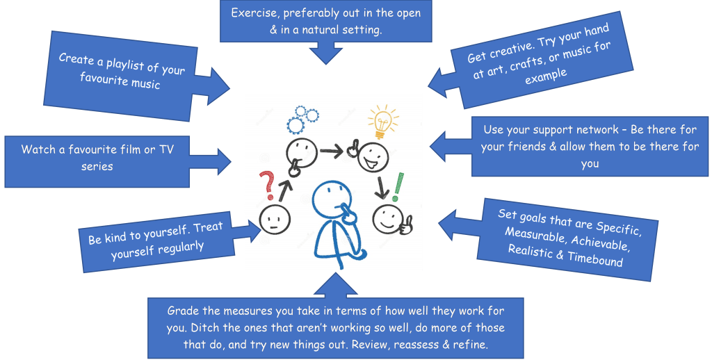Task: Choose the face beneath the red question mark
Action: click(273, 220)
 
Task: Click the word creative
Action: click(505, 49)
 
